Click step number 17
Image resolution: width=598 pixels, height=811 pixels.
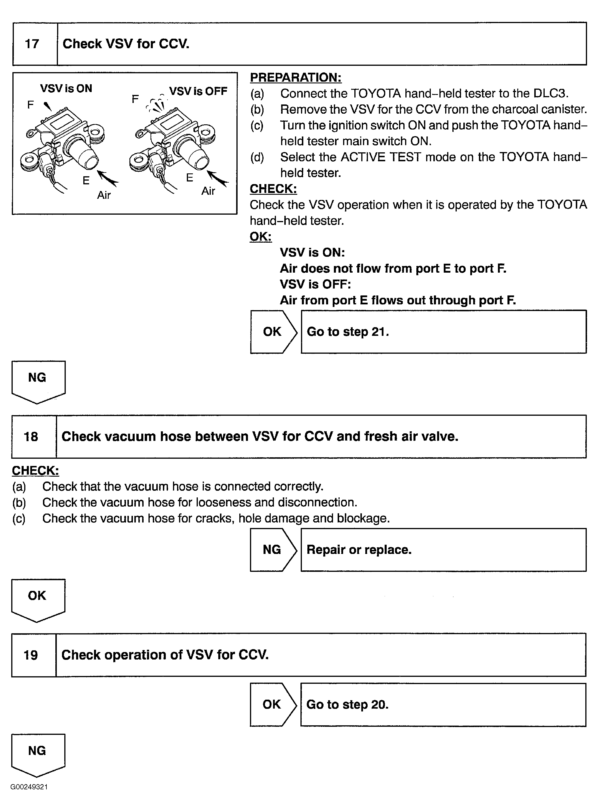(32, 44)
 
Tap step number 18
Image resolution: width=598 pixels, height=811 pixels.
(31, 437)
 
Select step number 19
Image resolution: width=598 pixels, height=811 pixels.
(31, 655)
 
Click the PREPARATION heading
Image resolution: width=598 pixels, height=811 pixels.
(295, 78)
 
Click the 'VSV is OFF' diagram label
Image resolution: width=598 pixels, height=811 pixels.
(198, 91)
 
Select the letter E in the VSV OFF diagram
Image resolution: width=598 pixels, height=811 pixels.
(189, 177)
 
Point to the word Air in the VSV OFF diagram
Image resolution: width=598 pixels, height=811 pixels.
(208, 191)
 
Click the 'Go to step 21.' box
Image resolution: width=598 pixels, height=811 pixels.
(443, 331)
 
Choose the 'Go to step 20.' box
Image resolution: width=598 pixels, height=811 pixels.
(443, 705)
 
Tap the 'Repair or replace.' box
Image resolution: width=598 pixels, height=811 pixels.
(443, 550)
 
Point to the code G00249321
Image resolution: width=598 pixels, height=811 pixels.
(29, 787)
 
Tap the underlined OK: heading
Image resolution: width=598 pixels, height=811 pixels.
(260, 237)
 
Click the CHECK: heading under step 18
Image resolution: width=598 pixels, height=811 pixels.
(35, 471)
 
